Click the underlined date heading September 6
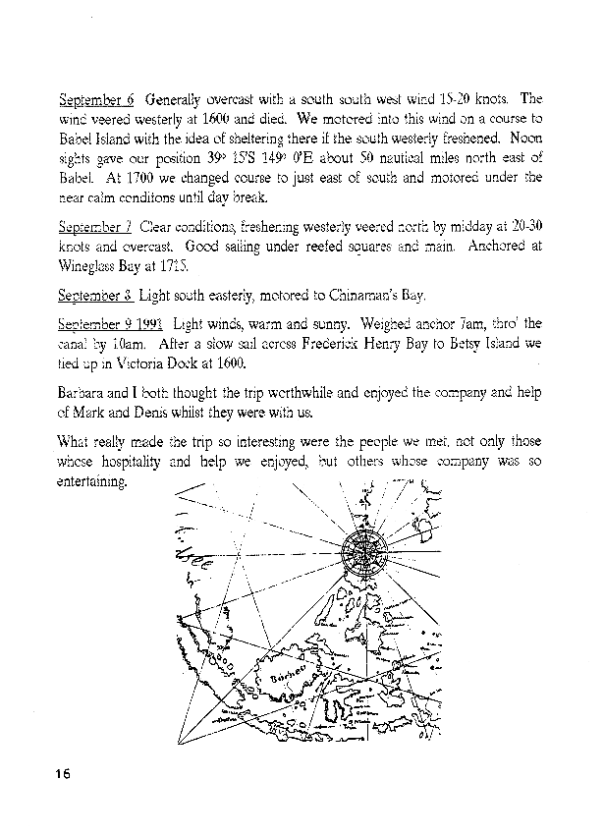point(96,99)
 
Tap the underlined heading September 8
point(95,295)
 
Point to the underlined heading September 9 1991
point(109,323)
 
